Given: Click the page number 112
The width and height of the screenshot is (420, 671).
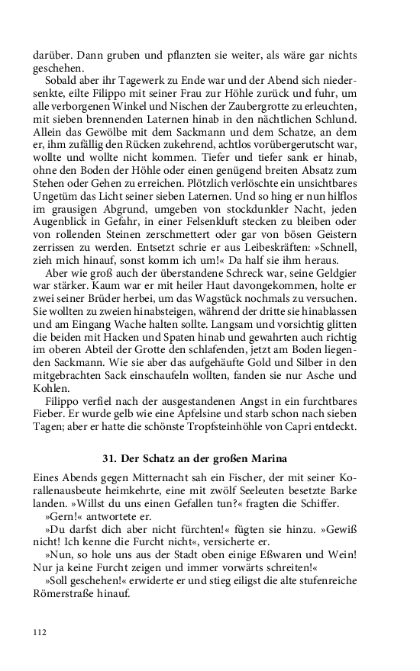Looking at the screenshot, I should click(x=40, y=632).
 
